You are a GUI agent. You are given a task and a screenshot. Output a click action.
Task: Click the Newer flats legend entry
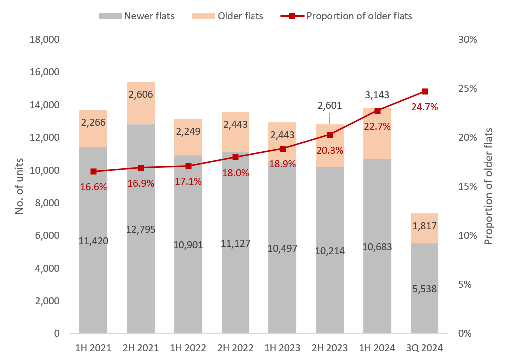[137, 16]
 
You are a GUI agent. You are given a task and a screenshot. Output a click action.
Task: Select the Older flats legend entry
[228, 16]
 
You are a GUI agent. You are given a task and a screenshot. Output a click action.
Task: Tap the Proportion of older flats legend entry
[347, 16]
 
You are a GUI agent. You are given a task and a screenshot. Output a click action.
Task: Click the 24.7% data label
[424, 107]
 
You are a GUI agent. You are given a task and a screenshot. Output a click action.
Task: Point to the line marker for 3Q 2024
[425, 91]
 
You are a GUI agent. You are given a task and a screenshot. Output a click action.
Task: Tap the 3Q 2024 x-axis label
[424, 347]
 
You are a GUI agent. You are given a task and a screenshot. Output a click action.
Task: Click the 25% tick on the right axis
[468, 88]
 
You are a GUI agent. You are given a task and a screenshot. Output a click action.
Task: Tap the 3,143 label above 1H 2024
[377, 95]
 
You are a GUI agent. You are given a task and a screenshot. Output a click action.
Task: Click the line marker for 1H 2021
[93, 171]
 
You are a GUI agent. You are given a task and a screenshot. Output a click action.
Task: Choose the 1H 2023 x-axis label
[282, 347]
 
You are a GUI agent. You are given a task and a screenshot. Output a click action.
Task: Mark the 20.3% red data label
[330, 150]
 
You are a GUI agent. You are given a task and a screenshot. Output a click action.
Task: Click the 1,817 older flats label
[424, 226]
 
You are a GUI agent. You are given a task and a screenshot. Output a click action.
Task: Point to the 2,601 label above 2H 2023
[330, 106]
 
